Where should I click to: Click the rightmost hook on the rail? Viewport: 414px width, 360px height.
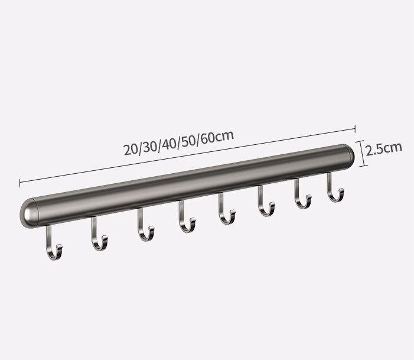334,189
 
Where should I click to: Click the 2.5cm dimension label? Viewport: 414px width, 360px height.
384,148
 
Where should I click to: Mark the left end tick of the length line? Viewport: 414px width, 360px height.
20,182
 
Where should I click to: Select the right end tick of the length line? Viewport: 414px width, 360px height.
354,128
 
